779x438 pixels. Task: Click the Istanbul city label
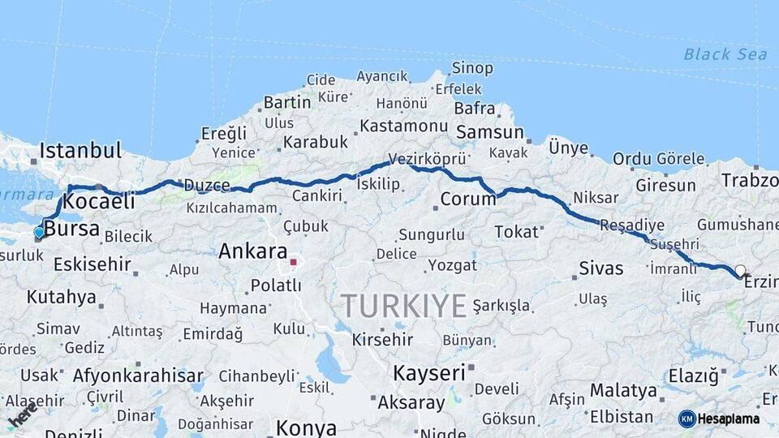[80, 150]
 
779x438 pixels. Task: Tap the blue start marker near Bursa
[39, 233]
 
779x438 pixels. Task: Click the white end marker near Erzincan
[740, 270]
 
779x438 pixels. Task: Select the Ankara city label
[252, 251]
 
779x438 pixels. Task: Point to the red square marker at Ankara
[293, 262]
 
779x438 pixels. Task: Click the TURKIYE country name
[403, 306]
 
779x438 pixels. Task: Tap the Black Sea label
[725, 54]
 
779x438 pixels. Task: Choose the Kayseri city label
[429, 373]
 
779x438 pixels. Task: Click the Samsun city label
[489, 132]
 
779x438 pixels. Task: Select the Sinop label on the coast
[471, 68]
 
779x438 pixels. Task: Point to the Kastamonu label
[403, 126]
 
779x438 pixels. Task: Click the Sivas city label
[600, 268]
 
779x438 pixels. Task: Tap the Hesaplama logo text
[728, 419]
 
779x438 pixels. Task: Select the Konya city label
[306, 427]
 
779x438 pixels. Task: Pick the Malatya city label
[622, 390]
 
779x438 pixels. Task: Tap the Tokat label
[516, 232]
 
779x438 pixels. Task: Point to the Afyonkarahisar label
[138, 376]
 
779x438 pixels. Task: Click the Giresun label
[665, 185]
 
